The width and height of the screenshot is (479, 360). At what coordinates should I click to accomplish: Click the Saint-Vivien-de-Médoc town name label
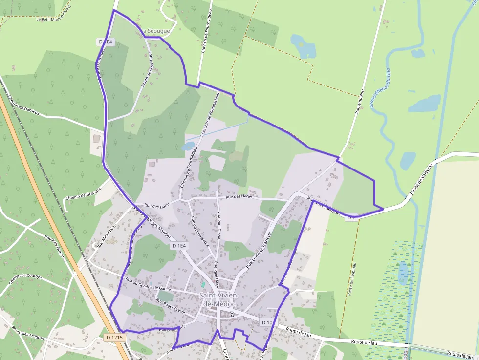coord(218,299)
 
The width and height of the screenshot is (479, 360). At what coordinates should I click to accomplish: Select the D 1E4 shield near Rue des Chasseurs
coord(179,246)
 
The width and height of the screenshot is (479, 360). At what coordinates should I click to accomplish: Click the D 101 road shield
coord(269,323)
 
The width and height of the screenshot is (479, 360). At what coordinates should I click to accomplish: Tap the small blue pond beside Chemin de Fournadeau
coord(188,146)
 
